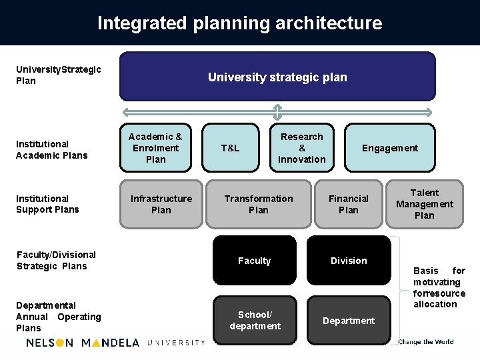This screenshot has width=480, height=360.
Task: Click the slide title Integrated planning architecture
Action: tap(240, 23)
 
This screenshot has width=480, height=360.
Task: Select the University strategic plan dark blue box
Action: tap(277, 77)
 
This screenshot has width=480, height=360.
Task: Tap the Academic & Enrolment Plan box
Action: tap(155, 148)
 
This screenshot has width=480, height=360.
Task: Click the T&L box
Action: tap(230, 148)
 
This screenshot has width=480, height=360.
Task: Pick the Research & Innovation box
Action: tap(302, 148)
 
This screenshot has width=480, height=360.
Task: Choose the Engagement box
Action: tap(389, 148)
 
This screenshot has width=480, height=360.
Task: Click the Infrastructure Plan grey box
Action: tap(161, 204)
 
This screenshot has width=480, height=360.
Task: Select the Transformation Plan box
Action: tap(259, 204)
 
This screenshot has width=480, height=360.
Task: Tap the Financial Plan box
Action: tap(348, 204)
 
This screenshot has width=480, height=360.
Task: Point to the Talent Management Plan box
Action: tap(424, 204)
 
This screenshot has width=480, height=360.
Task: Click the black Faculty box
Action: tap(255, 261)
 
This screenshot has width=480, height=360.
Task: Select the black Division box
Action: tap(349, 261)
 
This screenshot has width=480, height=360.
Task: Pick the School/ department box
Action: tap(255, 321)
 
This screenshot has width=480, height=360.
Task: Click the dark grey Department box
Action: tap(349, 321)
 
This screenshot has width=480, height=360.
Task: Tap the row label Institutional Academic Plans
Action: tap(52, 149)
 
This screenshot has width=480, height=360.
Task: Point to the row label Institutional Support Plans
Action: tap(47, 204)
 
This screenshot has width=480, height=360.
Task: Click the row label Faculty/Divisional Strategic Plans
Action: tap(56, 260)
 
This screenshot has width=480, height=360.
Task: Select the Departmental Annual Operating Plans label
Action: tap(58, 317)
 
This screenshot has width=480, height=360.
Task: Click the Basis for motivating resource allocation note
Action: tap(439, 287)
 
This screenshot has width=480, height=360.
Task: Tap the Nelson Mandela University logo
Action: tap(115, 343)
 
